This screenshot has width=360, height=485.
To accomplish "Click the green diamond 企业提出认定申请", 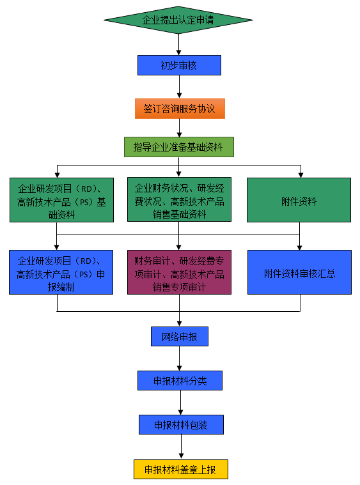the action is click(x=178, y=20).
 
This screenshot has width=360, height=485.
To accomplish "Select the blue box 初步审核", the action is click(x=179, y=65).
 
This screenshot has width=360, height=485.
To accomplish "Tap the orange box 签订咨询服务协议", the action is click(x=180, y=109).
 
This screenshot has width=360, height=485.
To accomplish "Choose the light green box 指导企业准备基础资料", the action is click(x=179, y=147).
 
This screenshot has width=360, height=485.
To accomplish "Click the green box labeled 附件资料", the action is click(x=299, y=200).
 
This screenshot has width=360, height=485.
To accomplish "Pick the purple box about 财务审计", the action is click(x=179, y=272).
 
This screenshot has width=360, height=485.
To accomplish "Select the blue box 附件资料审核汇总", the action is click(x=299, y=272).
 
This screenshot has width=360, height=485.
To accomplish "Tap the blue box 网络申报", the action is click(x=180, y=336).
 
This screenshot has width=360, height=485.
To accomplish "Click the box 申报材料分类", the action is click(x=180, y=380).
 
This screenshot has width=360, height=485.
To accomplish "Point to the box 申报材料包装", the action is click(x=181, y=425).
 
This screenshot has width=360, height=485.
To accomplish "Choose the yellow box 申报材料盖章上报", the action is click(x=181, y=470).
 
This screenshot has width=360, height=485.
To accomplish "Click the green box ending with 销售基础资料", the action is click(x=179, y=199).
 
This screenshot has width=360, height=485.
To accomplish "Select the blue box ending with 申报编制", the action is click(x=61, y=272).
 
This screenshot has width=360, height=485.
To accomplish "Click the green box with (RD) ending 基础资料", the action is click(x=61, y=200).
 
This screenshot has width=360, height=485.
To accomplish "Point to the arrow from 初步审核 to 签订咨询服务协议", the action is click(x=179, y=87).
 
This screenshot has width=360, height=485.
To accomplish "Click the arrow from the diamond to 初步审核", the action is click(x=178, y=45).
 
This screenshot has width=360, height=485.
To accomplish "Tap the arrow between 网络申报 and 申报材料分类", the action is click(x=180, y=358).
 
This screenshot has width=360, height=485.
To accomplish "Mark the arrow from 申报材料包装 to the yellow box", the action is click(x=181, y=447).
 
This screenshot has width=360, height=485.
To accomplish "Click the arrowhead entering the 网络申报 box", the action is click(x=180, y=324).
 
